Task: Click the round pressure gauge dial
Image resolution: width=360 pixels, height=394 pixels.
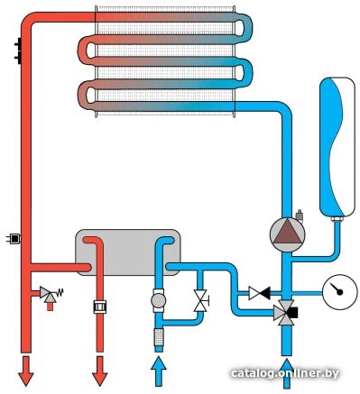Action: pos(340,291)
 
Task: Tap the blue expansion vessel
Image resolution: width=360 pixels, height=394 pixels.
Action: pos(337,147)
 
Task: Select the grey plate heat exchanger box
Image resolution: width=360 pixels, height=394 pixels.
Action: pos(128,252)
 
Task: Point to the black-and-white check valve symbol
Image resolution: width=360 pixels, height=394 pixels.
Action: pos(259,293)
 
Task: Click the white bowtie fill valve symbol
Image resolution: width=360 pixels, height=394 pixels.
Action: pos(200,300)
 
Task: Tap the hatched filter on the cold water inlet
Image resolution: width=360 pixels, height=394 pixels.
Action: pos(159,336)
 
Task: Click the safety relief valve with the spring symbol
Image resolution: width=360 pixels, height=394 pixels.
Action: pos(50,293)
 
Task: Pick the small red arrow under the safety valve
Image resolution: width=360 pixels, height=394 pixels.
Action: pos(50,306)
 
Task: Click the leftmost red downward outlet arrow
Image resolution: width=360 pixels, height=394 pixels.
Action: pos(26,371)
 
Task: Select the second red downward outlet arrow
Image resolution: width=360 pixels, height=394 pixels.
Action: pos(100,371)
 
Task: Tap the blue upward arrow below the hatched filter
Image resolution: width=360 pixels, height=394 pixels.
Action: pos(158,371)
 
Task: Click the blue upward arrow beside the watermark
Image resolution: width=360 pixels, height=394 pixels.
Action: pos(287,373)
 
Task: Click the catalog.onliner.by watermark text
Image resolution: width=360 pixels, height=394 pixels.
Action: pos(284,373)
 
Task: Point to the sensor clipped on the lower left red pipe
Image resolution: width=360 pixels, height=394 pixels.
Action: pos(14,239)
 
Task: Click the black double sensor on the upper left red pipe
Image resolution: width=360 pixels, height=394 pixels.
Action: pos(18,50)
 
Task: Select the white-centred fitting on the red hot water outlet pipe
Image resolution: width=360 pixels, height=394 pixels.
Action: pos(100,307)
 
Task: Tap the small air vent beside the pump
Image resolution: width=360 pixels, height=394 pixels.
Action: pos(300,215)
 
